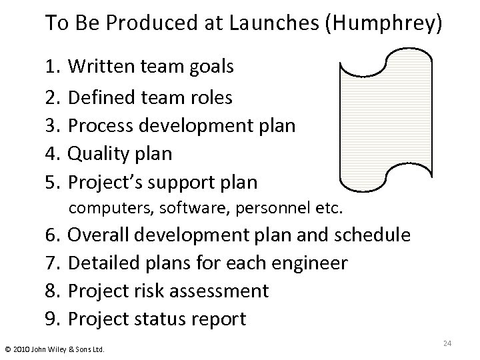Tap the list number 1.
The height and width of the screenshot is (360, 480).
tap(53, 67)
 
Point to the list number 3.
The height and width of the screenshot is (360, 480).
tap(53, 126)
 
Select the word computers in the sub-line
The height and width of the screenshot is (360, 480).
tap(109, 208)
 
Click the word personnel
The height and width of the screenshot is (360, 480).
tap(271, 208)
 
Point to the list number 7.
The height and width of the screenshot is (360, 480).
tap(53, 263)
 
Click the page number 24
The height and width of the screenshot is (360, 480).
tap(447, 343)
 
